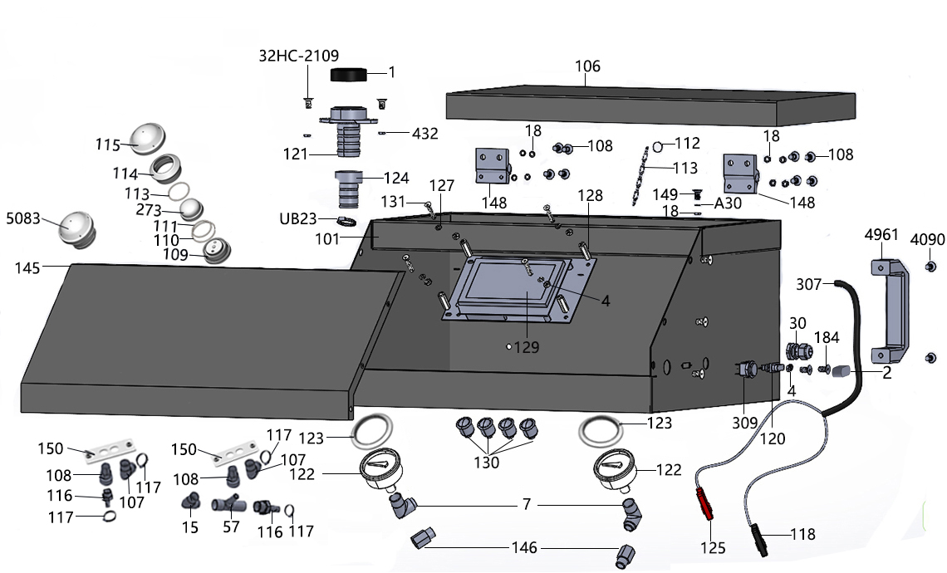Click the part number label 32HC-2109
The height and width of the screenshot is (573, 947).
(298, 56)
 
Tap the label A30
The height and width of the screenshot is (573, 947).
(726, 202)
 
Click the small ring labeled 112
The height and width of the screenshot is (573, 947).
(657, 146)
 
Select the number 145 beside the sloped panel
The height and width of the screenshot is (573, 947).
(29, 267)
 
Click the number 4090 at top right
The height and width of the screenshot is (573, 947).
(929, 239)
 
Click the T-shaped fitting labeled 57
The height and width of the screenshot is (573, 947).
(227, 506)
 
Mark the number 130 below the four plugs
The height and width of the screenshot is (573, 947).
(486, 462)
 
